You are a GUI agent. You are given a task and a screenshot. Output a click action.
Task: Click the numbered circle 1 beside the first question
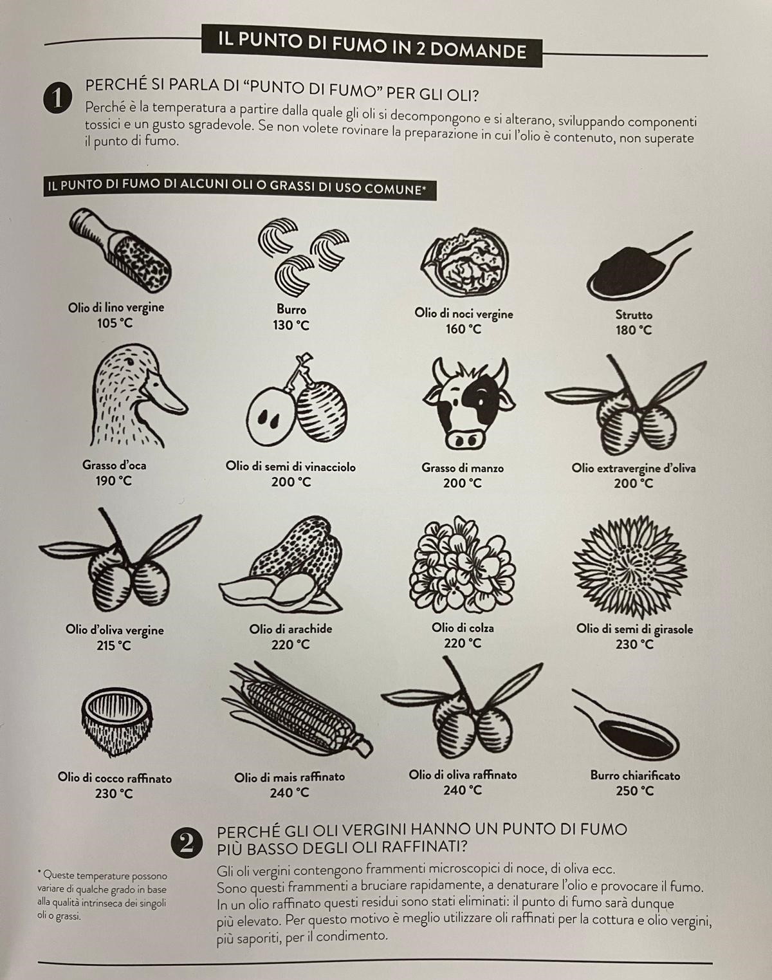tap(58, 98)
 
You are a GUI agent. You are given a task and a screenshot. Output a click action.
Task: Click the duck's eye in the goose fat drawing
tap(131, 361)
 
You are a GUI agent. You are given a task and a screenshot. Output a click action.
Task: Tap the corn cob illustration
tap(297, 717)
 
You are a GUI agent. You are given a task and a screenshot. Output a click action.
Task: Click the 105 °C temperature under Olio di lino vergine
tap(115, 324)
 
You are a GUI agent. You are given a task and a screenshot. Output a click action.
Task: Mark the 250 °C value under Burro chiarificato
tap(634, 791)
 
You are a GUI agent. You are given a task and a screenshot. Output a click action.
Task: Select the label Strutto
tap(634, 315)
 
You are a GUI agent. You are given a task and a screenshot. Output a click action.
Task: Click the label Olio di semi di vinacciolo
tap(291, 467)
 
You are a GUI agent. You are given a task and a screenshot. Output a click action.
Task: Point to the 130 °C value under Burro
tap(291, 326)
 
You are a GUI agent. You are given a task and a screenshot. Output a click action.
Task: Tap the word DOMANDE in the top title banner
tap(478, 50)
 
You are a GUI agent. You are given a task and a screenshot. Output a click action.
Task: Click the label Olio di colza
tap(463, 628)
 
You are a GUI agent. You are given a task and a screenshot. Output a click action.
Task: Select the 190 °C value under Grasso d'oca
tap(113, 481)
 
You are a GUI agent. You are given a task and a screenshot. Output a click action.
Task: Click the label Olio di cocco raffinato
tap(115, 778)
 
